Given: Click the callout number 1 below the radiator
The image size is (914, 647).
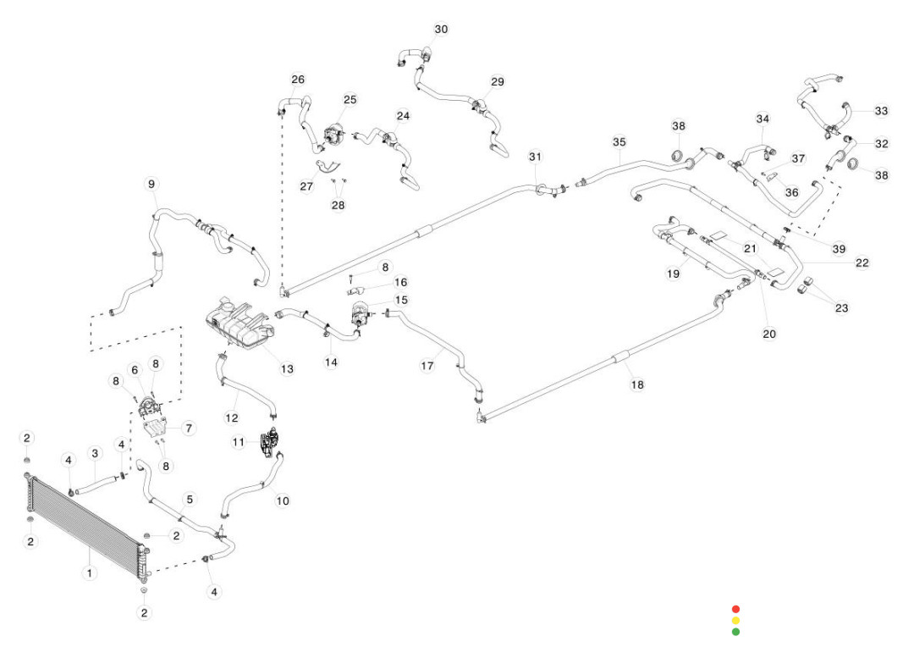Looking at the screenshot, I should click(89, 573).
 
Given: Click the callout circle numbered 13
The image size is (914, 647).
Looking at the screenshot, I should click(288, 368).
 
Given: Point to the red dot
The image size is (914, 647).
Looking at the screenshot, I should click(735, 609).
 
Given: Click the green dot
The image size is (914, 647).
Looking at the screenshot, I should click(735, 632).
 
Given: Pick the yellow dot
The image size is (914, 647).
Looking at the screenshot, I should click(735, 621).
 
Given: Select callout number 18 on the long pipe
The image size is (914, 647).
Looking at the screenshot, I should click(637, 384).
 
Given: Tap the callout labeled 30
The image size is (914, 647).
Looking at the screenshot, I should click(441, 30).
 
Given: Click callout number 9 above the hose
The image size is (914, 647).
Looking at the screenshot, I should click(151, 184).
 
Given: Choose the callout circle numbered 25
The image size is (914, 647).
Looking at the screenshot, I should click(350, 100).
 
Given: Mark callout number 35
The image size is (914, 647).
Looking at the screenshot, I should click(619, 142).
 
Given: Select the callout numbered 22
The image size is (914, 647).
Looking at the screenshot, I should click(862, 263).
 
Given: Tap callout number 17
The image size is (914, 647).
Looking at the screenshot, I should click(427, 366).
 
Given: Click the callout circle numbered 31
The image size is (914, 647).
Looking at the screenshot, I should click(535, 157).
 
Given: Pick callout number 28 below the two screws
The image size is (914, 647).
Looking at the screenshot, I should click(339, 206).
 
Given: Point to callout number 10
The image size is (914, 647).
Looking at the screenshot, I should click(283, 500).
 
